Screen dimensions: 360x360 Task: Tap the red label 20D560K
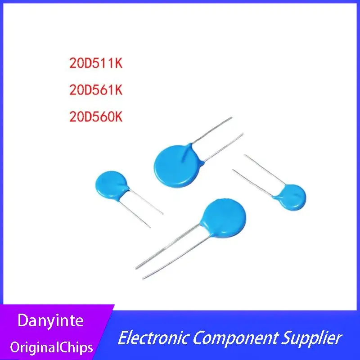(x=96, y=117)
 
